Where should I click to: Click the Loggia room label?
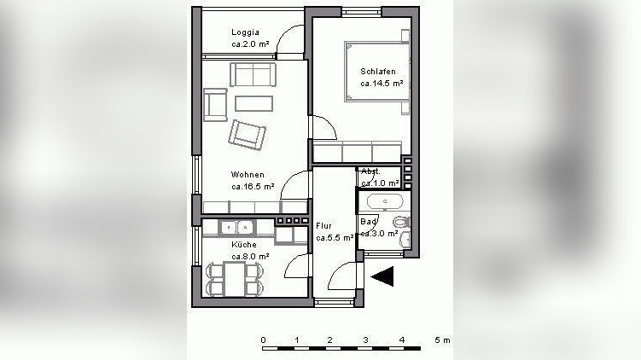coord(245,32)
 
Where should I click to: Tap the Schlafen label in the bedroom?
coord(378,72)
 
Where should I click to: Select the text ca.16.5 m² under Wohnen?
coord(253,187)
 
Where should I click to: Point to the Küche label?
coord(244,245)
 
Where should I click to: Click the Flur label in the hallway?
coord(323,225)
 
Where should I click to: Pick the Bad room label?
coord(369,222)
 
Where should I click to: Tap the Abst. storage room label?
coord(370,171)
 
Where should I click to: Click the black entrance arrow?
coord(382,276)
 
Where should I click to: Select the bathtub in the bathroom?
coord(385,201)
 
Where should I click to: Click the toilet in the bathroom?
coord(402,223)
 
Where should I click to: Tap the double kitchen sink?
coord(236,227)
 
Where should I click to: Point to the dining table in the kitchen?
coord(234,279)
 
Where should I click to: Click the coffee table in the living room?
coord(253,103)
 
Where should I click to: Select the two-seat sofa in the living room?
coord(253,74)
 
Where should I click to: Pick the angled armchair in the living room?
coord(247,135)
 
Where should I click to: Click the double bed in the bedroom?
coord(377,71)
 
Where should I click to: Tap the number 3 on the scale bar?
coord(366,340)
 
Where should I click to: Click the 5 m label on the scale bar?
coord(442,340)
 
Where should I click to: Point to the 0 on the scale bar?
coord(263,340)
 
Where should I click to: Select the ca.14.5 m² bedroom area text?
coord(382,84)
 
